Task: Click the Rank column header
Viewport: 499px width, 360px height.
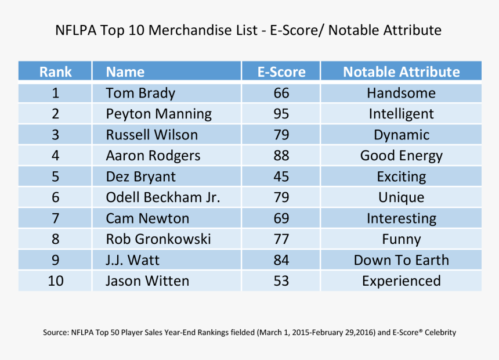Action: (56, 72)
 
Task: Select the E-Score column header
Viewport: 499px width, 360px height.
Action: (281, 72)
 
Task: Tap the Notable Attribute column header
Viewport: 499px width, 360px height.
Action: (401, 72)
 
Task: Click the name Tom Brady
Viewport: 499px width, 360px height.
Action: (140, 93)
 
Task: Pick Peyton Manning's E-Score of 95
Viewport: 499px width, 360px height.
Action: (281, 114)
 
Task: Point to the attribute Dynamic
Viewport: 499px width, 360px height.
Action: (402, 135)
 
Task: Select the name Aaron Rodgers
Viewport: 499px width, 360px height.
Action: (153, 156)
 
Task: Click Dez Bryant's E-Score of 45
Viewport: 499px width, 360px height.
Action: (281, 177)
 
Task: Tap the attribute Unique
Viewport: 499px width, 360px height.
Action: (402, 197)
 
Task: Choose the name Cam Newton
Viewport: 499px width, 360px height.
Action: (147, 218)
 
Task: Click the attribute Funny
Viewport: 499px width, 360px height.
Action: (402, 239)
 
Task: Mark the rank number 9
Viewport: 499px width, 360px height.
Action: (56, 260)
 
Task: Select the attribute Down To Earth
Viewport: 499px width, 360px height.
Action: (402, 260)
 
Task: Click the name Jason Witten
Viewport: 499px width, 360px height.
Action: (147, 281)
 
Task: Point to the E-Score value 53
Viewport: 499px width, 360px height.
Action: (281, 281)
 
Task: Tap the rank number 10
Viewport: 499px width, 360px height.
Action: (56, 281)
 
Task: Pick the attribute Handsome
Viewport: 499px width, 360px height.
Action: (402, 93)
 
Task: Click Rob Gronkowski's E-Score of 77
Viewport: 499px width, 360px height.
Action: (281, 239)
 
